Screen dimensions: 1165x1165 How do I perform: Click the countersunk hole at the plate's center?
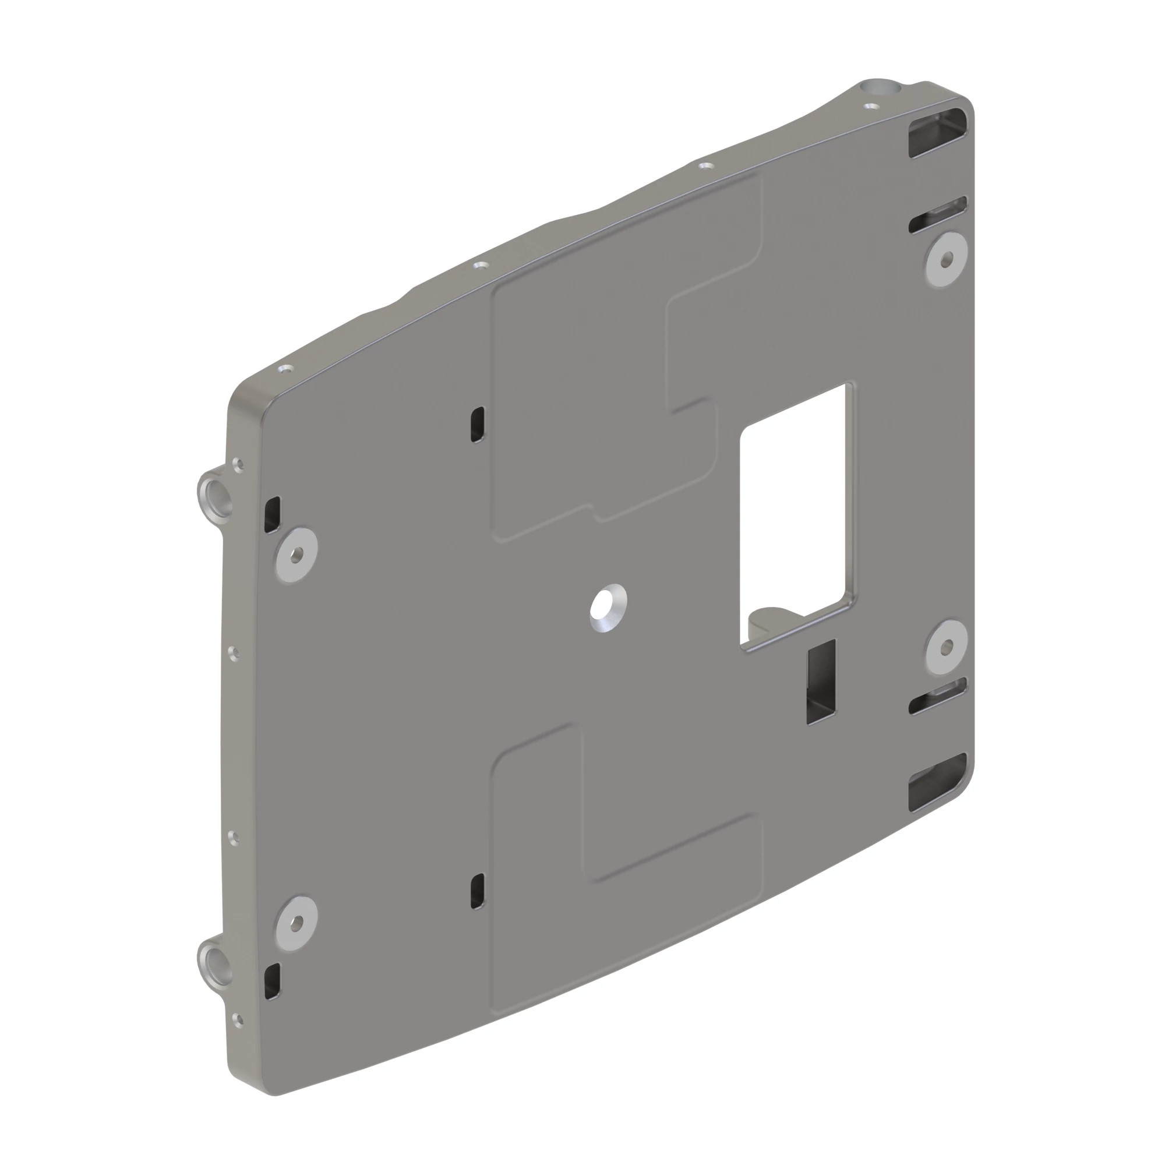(608, 607)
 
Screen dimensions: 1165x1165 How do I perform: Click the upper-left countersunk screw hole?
(296, 554)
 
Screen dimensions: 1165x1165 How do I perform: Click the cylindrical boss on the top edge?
(880, 89)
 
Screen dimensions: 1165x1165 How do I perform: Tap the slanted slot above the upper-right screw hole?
(938, 215)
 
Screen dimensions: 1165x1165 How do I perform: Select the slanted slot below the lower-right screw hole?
(938, 697)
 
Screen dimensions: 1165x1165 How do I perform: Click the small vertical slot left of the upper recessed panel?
(477, 425)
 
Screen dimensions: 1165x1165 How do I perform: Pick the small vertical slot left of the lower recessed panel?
(477, 891)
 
